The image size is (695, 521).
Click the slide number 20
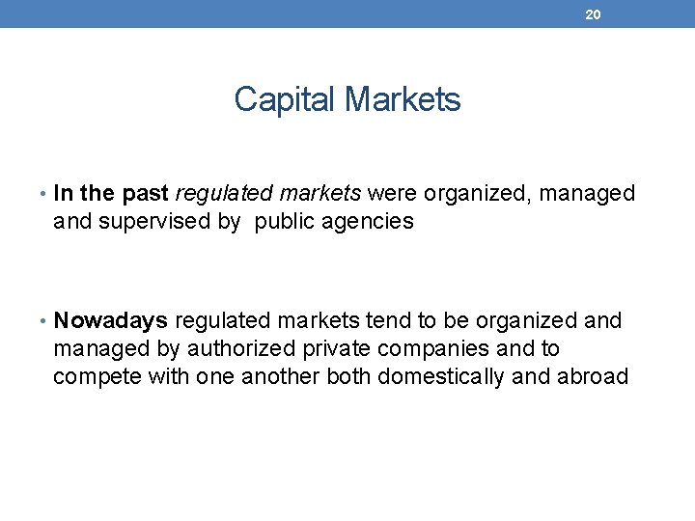pyautogui.click(x=594, y=14)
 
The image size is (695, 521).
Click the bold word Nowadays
pyautogui.click(x=111, y=320)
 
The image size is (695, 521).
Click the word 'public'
pyautogui.click(x=286, y=222)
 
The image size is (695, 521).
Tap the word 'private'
pyautogui.click(x=325, y=348)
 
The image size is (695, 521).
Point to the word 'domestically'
pyautogui.click(x=441, y=376)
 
